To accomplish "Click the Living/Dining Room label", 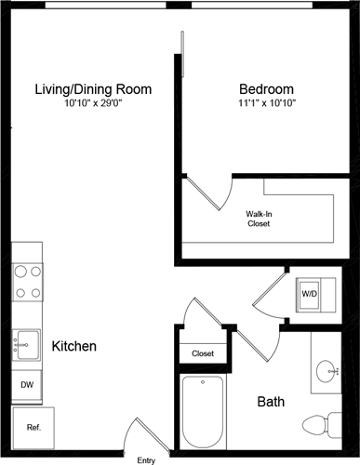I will point(93,89).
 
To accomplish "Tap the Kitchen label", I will point(74,346).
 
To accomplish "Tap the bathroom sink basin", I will point(327,373).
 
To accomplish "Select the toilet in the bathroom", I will point(325,424).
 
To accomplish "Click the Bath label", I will point(271,403).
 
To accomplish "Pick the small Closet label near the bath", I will point(203,353).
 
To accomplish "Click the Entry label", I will point(146,459).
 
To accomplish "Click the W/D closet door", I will point(269,293).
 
